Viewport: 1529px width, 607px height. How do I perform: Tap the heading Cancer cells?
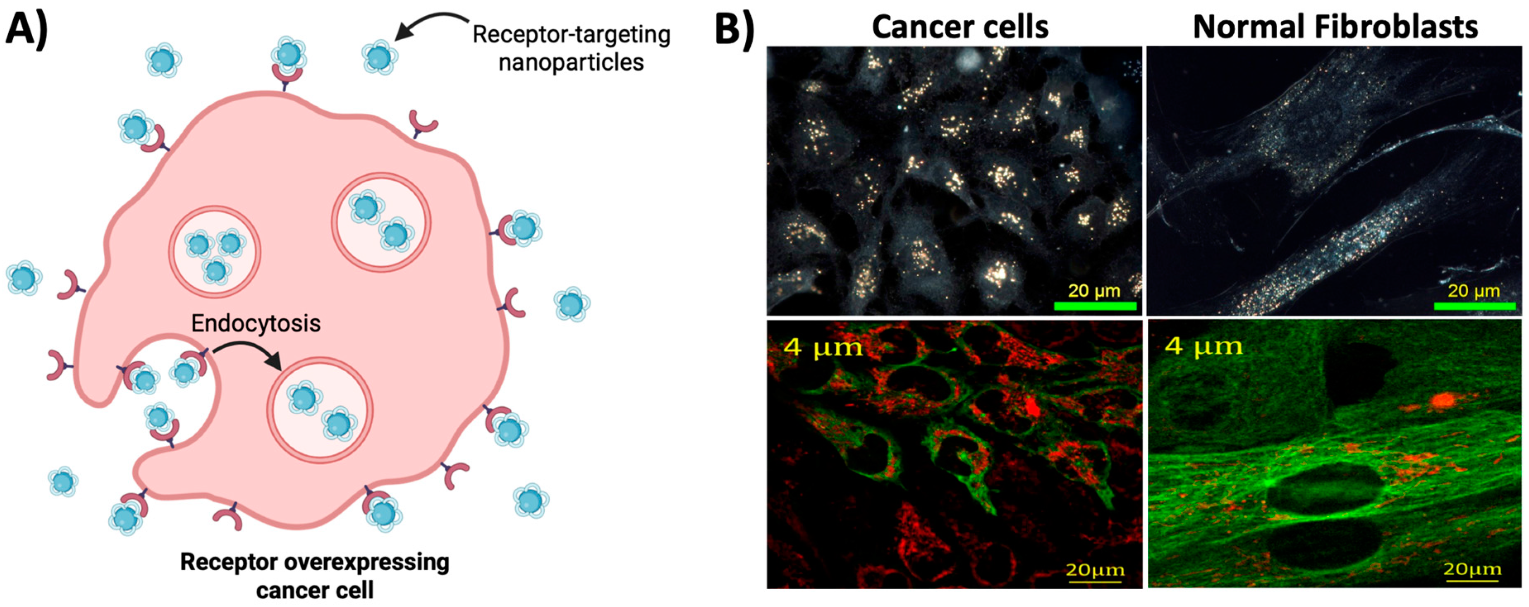(960, 27)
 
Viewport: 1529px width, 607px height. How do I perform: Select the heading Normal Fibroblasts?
(1335, 27)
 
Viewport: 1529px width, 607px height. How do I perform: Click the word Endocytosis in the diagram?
(256, 323)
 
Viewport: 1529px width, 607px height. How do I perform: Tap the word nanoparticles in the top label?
(571, 62)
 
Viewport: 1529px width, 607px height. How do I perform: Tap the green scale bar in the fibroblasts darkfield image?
(1474, 306)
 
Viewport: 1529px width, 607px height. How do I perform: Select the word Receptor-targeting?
(571, 34)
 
